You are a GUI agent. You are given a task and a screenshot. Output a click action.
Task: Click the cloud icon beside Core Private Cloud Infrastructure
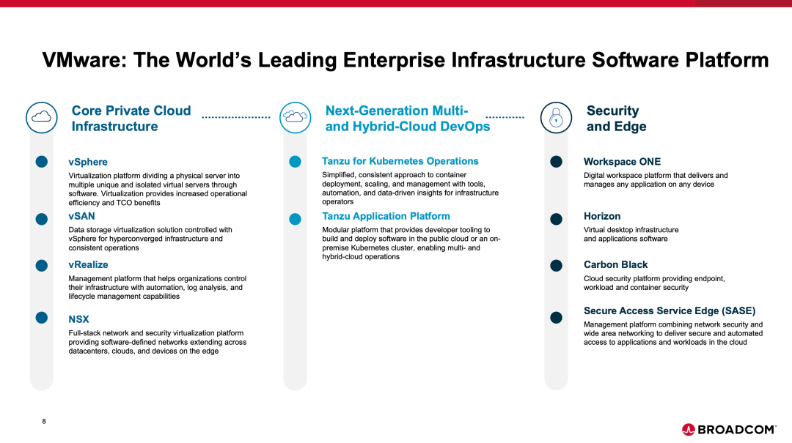[x=41, y=118]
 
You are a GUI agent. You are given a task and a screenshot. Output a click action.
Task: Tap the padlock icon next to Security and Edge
[x=556, y=118]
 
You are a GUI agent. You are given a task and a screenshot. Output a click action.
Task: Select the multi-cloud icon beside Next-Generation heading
[x=295, y=118]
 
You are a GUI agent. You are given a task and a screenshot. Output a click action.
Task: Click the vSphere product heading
[x=88, y=162]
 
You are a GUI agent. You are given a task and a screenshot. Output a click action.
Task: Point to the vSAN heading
[x=81, y=216]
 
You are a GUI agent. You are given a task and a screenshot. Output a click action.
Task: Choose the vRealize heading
[x=88, y=264]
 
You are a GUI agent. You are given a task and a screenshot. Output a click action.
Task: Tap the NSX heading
[x=78, y=319]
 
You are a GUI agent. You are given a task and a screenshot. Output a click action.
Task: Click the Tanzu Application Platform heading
[x=386, y=216]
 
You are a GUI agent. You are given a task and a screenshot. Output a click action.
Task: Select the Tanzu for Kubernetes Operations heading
[x=400, y=161]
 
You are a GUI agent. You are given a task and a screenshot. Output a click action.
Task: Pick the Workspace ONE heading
[x=622, y=162]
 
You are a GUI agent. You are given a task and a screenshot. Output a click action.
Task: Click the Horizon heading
[x=601, y=216]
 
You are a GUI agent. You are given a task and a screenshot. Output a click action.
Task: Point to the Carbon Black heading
[x=615, y=264]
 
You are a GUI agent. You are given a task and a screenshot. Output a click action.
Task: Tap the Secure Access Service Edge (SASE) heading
[x=670, y=310]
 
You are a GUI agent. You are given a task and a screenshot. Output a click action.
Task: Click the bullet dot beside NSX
[x=41, y=317]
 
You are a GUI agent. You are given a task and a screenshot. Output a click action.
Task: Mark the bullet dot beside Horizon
[x=556, y=219]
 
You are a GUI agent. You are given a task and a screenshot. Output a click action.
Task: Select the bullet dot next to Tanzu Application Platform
[x=295, y=219]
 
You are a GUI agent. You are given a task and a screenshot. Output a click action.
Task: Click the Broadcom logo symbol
[x=688, y=429]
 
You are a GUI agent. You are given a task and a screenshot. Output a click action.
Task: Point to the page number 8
[x=44, y=421]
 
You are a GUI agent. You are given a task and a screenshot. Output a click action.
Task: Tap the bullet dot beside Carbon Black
[x=556, y=265]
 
